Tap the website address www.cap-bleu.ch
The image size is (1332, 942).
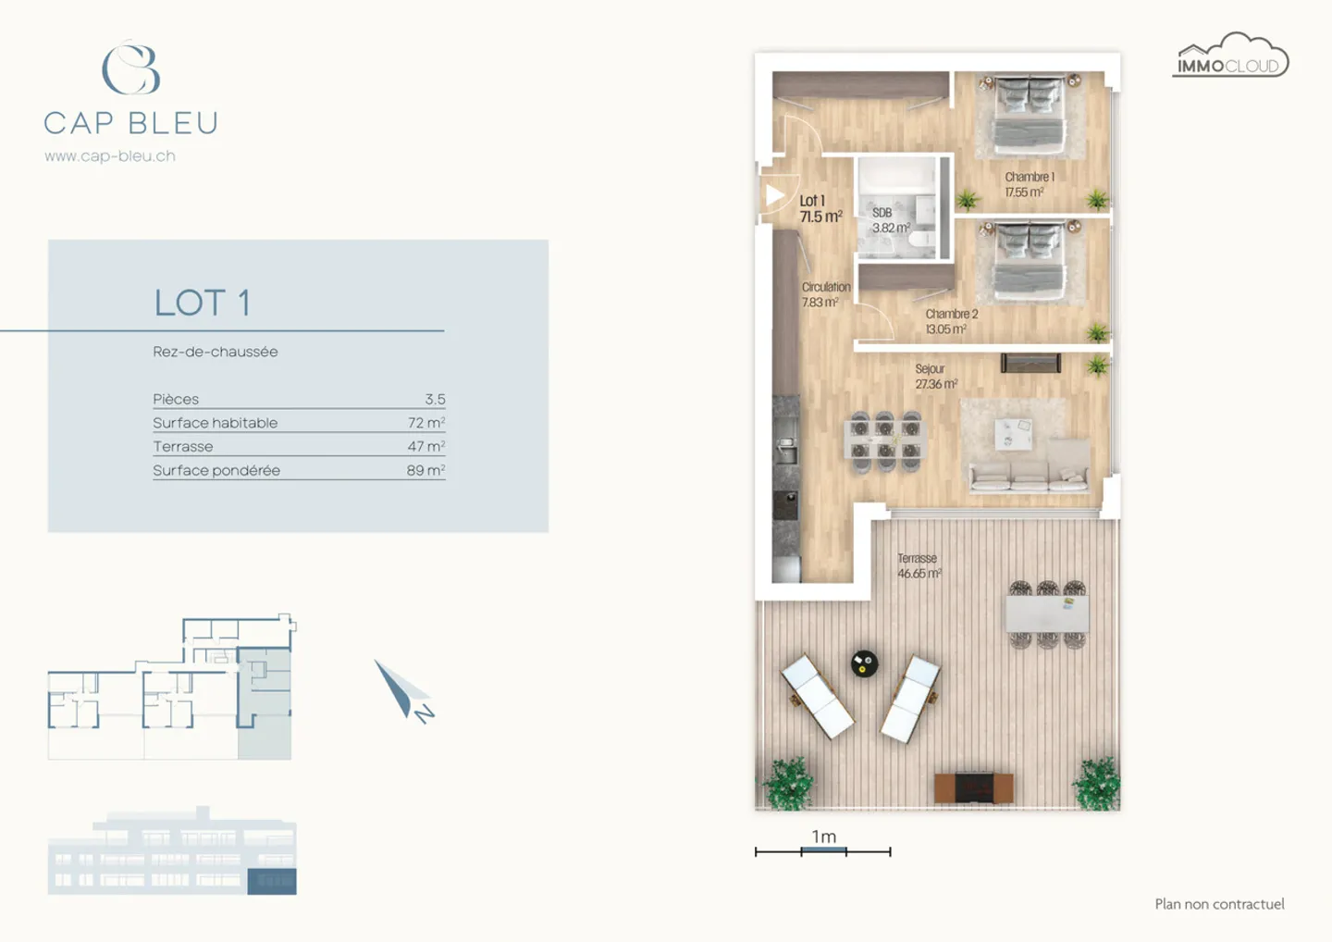click(110, 156)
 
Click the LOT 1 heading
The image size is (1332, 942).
click(202, 303)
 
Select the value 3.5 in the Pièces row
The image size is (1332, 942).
click(435, 399)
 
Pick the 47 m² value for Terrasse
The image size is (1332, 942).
click(426, 446)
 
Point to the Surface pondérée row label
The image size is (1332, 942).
click(216, 470)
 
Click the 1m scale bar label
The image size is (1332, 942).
click(823, 837)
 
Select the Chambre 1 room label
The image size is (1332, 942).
click(1029, 183)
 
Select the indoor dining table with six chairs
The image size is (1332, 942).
click(885, 440)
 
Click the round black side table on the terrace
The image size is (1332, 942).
click(864, 663)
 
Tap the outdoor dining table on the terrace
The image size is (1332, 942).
click(1047, 614)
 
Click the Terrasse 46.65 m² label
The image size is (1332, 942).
click(919, 565)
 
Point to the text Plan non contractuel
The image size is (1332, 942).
click(1219, 904)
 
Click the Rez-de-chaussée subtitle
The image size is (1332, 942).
click(216, 352)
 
